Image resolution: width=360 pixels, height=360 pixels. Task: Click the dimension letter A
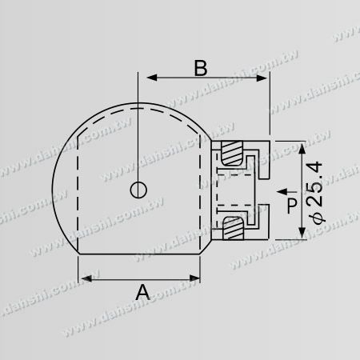(x=142, y=293)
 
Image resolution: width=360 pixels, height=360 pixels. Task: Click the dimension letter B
(x=202, y=67)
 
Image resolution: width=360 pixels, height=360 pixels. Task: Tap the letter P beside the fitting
(x=292, y=206)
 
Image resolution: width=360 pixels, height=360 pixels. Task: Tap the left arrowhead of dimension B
(x=148, y=79)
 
